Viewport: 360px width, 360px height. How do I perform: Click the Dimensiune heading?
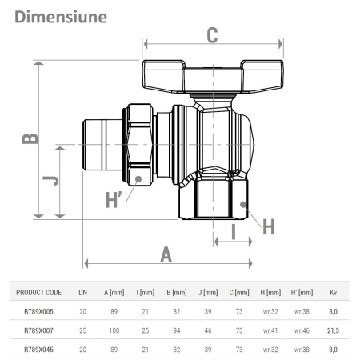(x=60, y=15)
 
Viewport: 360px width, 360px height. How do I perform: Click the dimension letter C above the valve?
(x=212, y=34)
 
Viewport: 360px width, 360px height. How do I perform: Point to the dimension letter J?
(x=49, y=181)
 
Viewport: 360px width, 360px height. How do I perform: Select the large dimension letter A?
(x=166, y=254)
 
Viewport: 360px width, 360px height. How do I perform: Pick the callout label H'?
(x=115, y=199)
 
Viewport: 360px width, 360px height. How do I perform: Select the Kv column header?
(x=332, y=293)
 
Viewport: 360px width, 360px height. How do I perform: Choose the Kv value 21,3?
(x=332, y=330)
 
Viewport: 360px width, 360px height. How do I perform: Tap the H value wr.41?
(x=270, y=330)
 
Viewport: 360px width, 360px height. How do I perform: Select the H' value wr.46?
(x=302, y=330)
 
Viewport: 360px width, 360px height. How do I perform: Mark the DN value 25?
(x=82, y=330)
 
